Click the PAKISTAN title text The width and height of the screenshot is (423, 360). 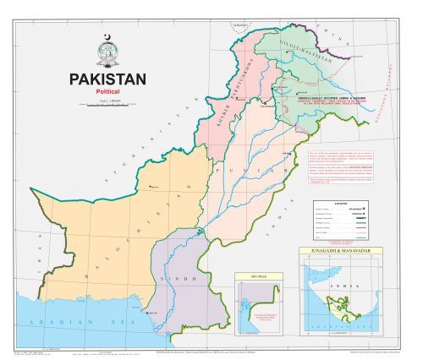107,79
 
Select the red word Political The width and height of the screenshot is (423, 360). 108,91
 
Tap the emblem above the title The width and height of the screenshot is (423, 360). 107,51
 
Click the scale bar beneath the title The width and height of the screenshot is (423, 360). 107,105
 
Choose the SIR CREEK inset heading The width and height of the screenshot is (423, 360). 257,275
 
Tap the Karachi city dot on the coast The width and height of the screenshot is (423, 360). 151,313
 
